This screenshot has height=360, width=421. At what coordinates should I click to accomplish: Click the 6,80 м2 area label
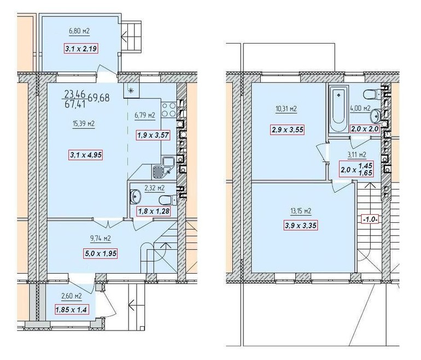point(79,31)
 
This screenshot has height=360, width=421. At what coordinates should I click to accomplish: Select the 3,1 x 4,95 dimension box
point(86,155)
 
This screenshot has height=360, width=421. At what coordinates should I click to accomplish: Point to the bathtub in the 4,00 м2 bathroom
point(338,109)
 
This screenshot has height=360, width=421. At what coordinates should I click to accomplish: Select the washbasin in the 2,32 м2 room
point(136,196)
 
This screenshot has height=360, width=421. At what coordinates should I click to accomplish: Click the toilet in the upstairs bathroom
point(372,95)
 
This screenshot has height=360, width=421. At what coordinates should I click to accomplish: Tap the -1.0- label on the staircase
point(370,220)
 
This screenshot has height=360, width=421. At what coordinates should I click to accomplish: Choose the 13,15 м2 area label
point(301,211)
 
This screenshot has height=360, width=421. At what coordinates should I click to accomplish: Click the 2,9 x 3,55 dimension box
point(288,130)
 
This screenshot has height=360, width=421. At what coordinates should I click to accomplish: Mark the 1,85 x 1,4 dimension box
point(72,310)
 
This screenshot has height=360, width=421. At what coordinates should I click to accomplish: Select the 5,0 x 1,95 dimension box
point(101,253)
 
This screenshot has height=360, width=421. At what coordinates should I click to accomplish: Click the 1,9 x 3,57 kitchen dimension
point(153,135)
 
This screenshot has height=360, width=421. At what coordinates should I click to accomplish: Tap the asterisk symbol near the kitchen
point(132,91)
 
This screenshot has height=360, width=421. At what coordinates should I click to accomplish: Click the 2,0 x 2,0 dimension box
point(365,129)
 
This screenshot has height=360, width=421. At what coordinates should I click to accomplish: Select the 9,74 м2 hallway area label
point(101,239)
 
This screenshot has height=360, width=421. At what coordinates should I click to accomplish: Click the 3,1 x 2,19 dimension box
point(80,49)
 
